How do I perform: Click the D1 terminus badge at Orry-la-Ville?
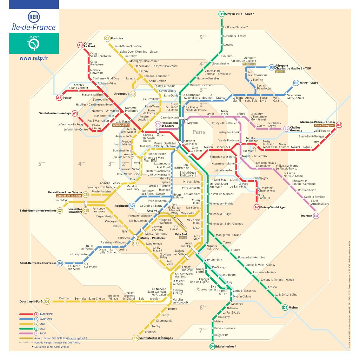pyautogui.click(x=222, y=14)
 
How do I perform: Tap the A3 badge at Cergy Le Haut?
pyautogui.click(x=81, y=45)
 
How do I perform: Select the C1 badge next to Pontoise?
pyautogui.click(x=107, y=39)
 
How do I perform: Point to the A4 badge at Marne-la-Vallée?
pyautogui.click(x=339, y=125)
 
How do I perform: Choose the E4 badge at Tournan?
pyautogui.click(x=316, y=216)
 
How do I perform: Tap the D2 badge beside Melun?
pyautogui.click(x=285, y=307)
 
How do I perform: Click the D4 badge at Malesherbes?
pyautogui.click(x=212, y=347)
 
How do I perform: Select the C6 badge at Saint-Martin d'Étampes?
pyautogui.click(x=136, y=338)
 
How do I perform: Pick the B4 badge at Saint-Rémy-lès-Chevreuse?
pyautogui.click(x=60, y=263)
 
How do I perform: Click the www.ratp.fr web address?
pyautogui.click(x=34, y=58)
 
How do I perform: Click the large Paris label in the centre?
pyautogui.click(x=199, y=132)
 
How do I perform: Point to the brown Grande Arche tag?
pyautogui.click(x=121, y=125)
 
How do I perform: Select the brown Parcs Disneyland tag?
pyautogui.click(x=324, y=125)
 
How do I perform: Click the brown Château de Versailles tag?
pyautogui.click(x=69, y=196)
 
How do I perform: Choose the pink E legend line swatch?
pyautogui.click(x=26, y=334)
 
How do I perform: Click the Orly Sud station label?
pyautogui.click(x=181, y=234)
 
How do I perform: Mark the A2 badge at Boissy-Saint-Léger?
pyautogui.click(x=257, y=207)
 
